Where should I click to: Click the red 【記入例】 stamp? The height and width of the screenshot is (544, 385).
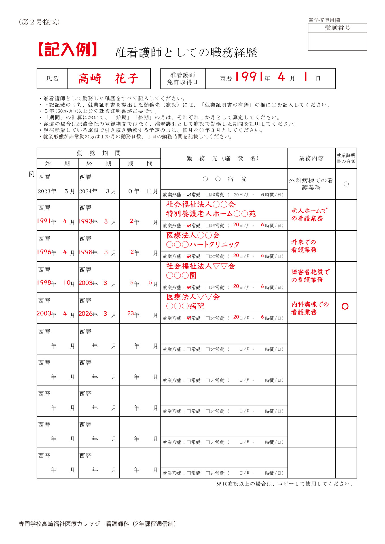tap(67, 50)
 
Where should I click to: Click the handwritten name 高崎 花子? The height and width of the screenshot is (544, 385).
tap(108, 78)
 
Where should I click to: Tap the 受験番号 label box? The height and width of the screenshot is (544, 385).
tap(337, 28)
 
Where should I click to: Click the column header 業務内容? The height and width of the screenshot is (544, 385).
tap(311, 158)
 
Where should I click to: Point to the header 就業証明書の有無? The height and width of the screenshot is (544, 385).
tap(346, 158)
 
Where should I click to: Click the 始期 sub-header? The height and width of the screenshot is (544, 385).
tap(57, 163)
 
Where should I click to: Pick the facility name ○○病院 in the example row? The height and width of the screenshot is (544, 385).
tap(224, 179)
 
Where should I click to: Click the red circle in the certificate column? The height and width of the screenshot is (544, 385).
tap(345, 306)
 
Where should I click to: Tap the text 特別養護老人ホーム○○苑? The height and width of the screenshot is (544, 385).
tap(211, 214)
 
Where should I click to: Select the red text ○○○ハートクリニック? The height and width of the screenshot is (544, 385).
tap(203, 245)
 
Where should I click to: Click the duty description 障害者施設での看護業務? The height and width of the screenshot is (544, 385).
tap(310, 276)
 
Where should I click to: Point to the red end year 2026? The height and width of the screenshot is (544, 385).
tap(85, 314)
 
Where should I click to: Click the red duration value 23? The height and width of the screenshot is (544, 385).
tap(130, 313)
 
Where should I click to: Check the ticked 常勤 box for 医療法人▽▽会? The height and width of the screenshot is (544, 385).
tap(189, 318)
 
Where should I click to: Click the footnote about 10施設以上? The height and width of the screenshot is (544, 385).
tap(285, 484)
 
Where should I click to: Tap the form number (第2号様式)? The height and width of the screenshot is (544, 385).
tap(39, 22)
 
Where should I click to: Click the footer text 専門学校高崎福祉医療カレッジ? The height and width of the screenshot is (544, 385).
tap(60, 524)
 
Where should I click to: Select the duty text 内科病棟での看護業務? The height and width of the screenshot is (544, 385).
tap(310, 308)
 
